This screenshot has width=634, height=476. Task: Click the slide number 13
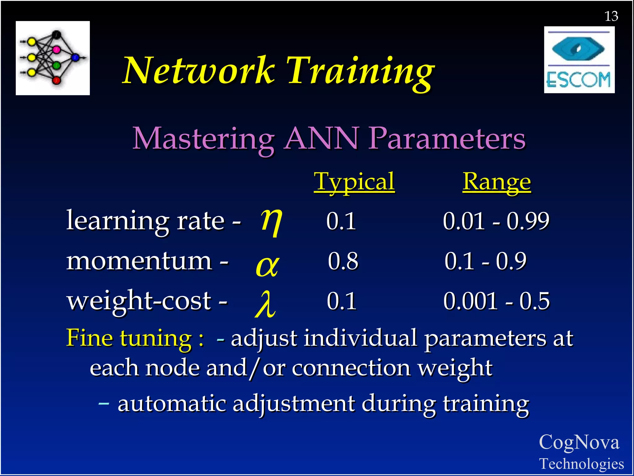pos(611,16)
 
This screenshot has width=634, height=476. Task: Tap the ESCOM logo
pos(579,60)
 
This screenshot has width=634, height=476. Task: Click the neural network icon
pos(53,58)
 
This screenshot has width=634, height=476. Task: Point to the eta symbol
pos(271,221)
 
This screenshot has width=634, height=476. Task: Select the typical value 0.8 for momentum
pos(343,261)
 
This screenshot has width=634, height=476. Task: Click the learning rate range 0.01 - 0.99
pos(496,221)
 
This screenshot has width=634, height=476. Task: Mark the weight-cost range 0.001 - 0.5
pos(497,301)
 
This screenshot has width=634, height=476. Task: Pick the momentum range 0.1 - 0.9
pos(485,261)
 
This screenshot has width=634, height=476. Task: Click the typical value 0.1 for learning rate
pos(341,221)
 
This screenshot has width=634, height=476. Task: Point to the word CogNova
pos(579,442)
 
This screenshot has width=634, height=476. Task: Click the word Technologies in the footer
pos(581,464)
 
